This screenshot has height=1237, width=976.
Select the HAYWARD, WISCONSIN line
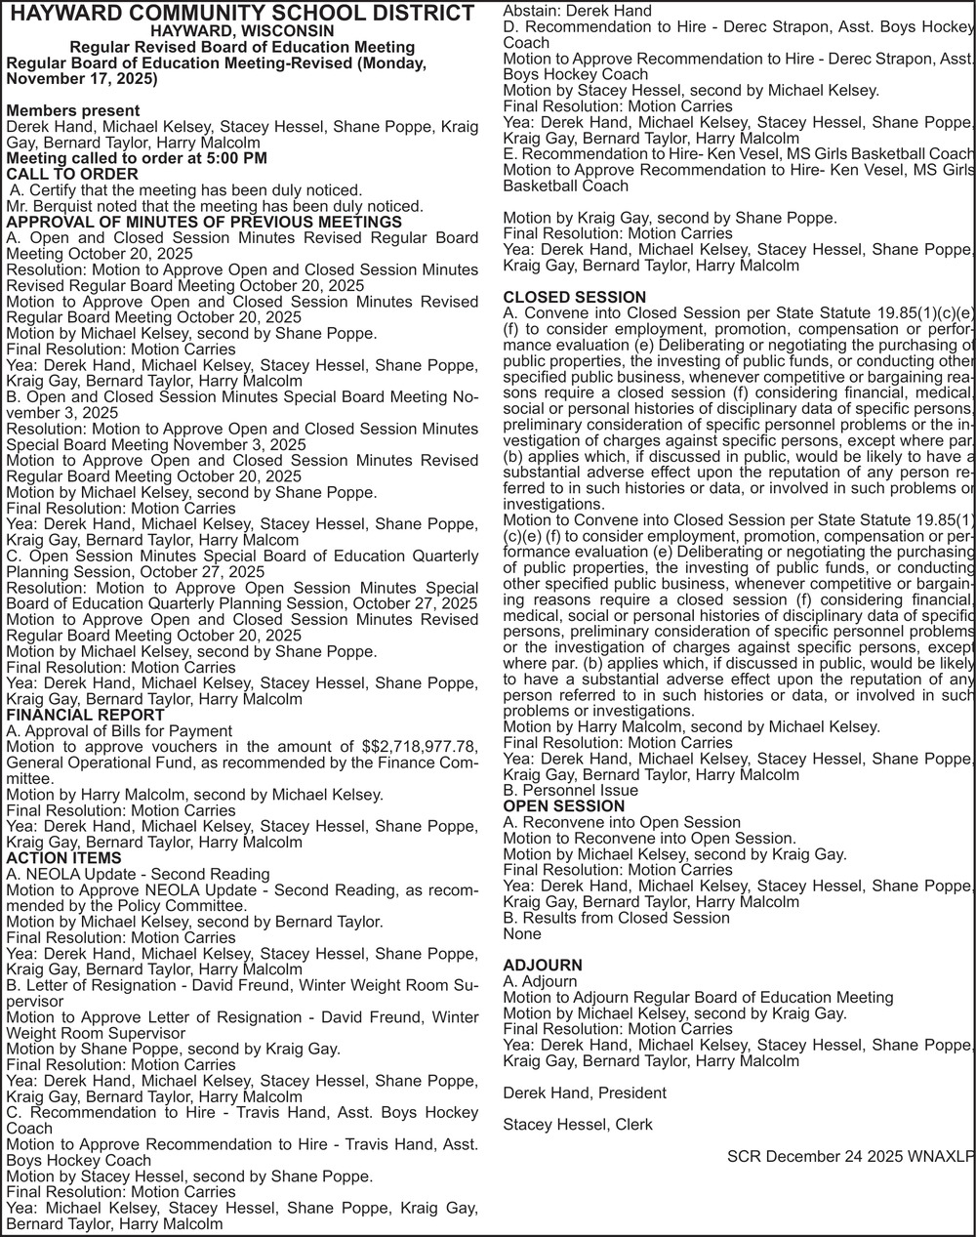coord(241,31)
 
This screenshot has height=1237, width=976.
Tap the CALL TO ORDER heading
coord(72,175)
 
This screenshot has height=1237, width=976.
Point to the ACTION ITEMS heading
coord(63,858)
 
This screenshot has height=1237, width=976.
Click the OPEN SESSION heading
coord(563,806)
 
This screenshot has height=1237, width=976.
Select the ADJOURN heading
coord(542,966)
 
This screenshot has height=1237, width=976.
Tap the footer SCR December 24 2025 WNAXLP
coord(850,1157)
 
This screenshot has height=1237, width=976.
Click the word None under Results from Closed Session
coord(521,933)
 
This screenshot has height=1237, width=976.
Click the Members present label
coord(72,110)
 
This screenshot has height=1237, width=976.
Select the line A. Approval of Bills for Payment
coord(119,731)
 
